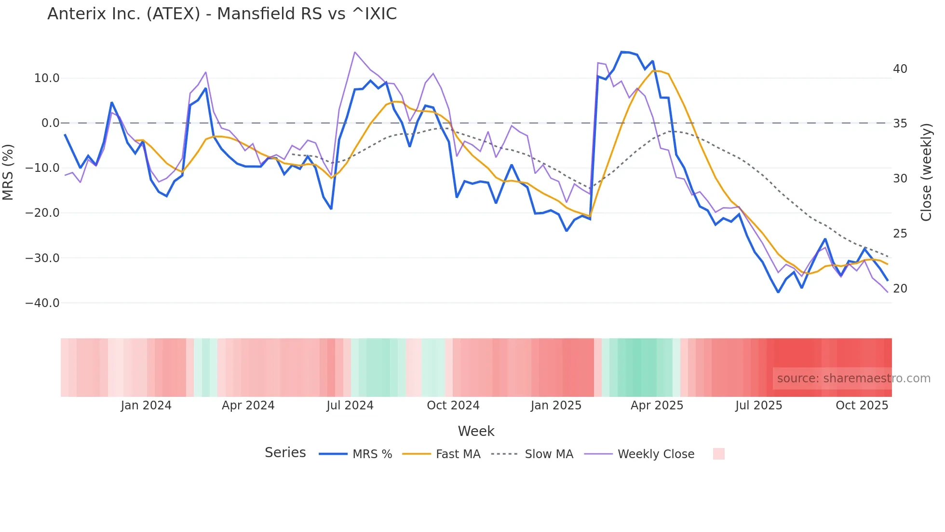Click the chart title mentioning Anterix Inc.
(222, 14)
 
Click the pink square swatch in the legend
(718, 454)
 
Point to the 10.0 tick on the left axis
(47, 78)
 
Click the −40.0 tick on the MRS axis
(42, 303)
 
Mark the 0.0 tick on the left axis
(50, 123)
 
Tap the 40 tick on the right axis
(900, 69)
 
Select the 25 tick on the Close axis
(900, 234)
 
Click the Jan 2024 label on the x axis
(146, 406)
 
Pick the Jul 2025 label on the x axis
(758, 406)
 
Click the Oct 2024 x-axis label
(453, 406)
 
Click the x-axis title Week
(476, 431)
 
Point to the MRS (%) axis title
(8, 172)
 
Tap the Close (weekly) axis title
(926, 172)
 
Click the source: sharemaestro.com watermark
(853, 378)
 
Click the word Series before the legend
(285, 453)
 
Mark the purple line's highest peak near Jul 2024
(354, 52)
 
